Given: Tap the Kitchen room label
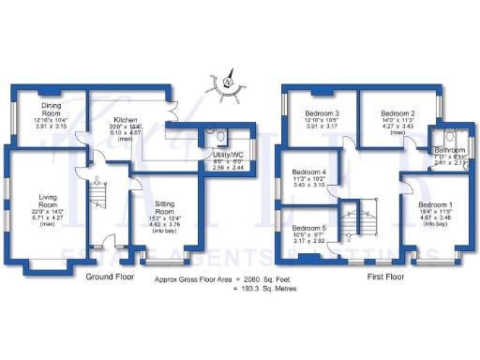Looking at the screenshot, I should coord(127,121).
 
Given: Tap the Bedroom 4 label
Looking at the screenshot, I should coord(308,172).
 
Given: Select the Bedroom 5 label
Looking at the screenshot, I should coord(308,228).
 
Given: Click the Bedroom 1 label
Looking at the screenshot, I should coord(435,204).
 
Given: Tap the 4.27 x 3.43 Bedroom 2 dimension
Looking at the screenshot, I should coord(394,127).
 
